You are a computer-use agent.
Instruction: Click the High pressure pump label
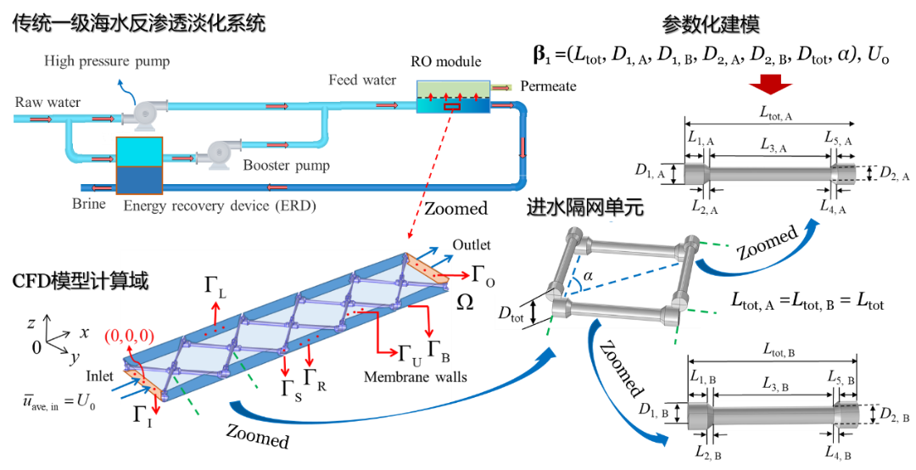[107, 61]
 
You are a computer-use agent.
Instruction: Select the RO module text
[445, 62]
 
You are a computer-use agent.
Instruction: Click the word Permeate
[548, 86]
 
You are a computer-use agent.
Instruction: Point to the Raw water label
[47, 103]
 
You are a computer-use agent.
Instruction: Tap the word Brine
[89, 204]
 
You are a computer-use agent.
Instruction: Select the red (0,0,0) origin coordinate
[126, 337]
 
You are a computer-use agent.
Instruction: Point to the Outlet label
[471, 245]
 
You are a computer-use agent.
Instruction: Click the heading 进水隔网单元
[584, 207]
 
